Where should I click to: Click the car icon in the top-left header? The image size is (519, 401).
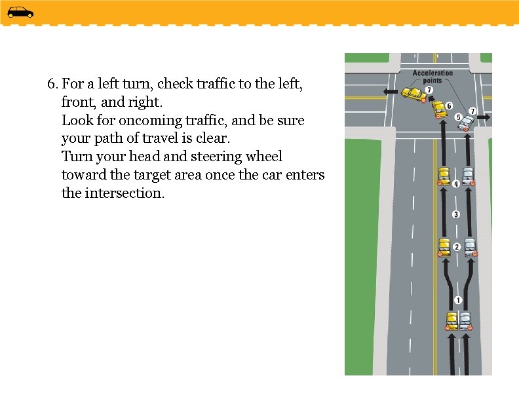pyautogui.click(x=20, y=12)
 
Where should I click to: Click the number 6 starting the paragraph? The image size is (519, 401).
pyautogui.click(x=52, y=84)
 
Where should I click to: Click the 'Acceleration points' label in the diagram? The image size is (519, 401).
pyautogui.click(x=432, y=77)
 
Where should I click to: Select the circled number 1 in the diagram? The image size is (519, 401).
pyautogui.click(x=457, y=300)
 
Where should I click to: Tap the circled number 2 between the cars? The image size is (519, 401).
pyautogui.click(x=457, y=246)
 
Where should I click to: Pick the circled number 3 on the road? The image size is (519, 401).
pyautogui.click(x=456, y=214)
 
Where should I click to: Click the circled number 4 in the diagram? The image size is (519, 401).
pyautogui.click(x=456, y=183)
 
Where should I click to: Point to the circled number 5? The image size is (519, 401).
pyautogui.click(x=458, y=117)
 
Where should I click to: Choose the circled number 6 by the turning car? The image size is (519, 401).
pyautogui.click(x=449, y=105)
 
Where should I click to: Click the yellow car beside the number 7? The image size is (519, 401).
pyautogui.click(x=413, y=94)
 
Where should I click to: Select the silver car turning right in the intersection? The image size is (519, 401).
pyautogui.click(x=467, y=122)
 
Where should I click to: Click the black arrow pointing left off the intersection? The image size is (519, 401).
pyautogui.click(x=391, y=91)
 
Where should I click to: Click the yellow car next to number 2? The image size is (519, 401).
pyautogui.click(x=444, y=246)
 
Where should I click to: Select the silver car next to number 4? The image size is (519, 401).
pyautogui.click(x=468, y=176)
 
